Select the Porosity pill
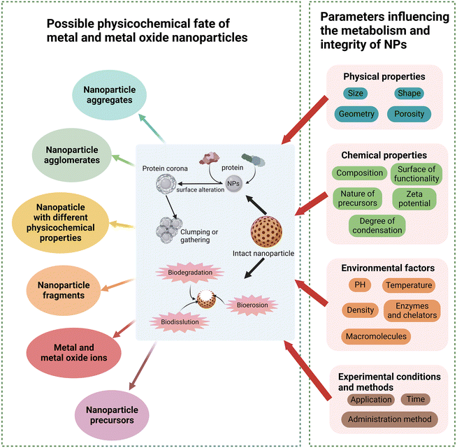pyautogui.click(x=408, y=114)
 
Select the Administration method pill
pyautogui.click(x=389, y=419)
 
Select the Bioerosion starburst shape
pyautogui.click(x=253, y=306)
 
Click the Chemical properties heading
pyautogui.click(x=385, y=154)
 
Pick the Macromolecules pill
pyautogui.click(x=376, y=337)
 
